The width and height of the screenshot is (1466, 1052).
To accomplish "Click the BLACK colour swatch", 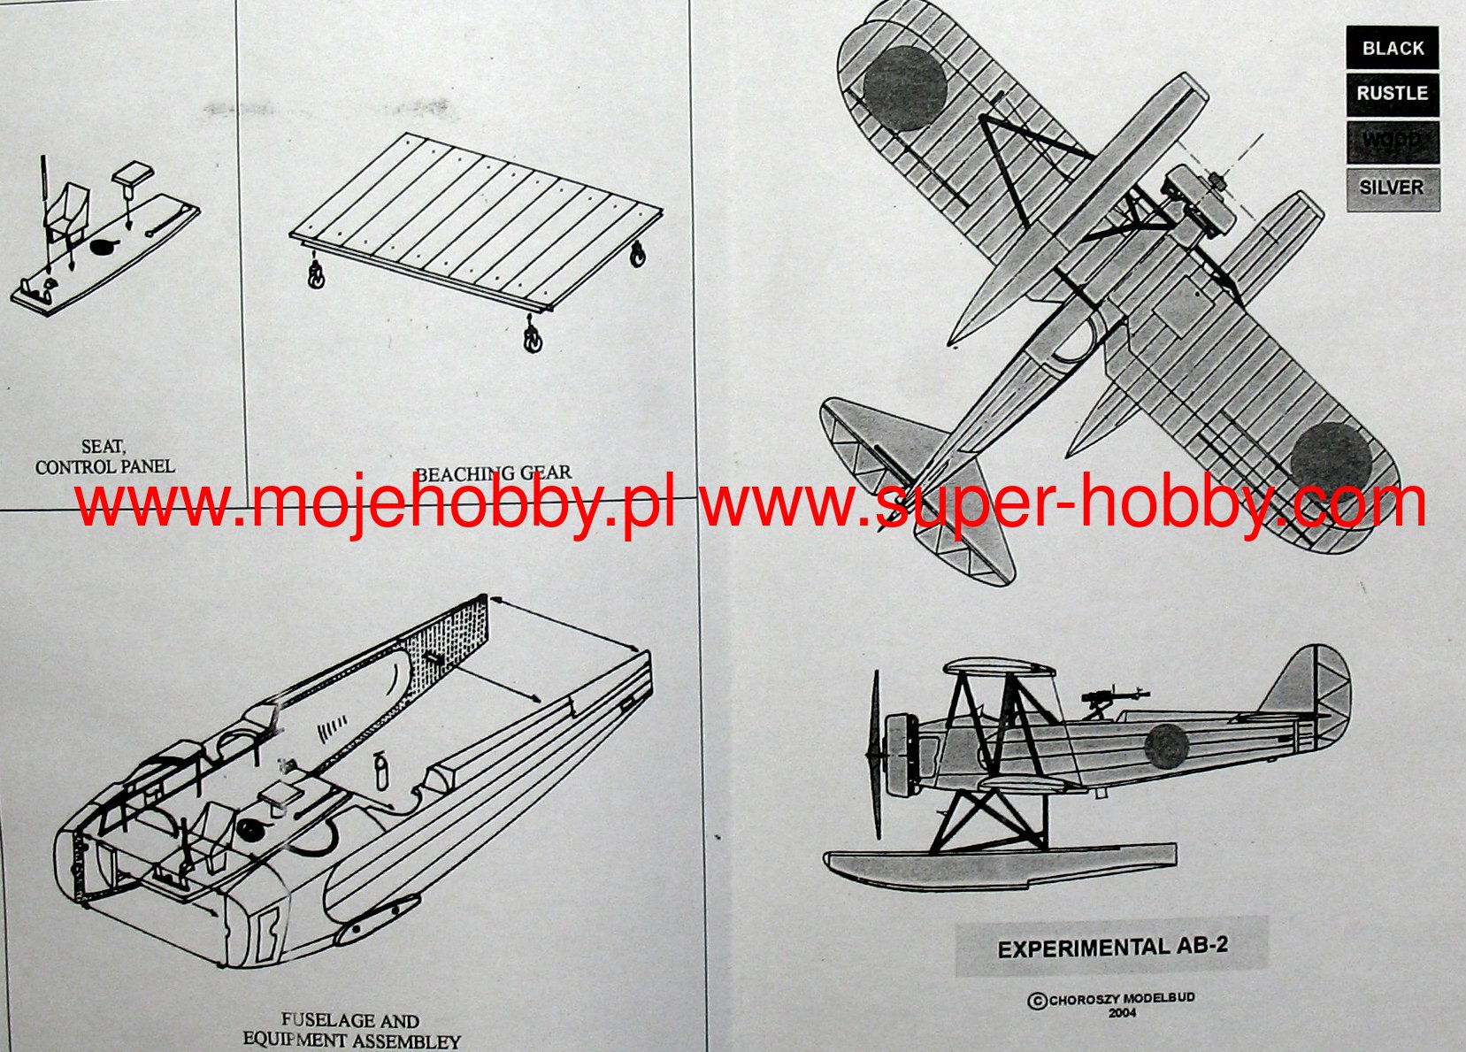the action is (1392, 48).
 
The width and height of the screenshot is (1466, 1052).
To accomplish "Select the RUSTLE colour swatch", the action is (1392, 94).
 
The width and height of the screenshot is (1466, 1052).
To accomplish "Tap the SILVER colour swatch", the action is (1392, 188).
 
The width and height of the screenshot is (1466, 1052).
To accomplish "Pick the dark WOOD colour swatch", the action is (1392, 142).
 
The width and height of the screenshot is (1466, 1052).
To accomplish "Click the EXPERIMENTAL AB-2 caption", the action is (1112, 947).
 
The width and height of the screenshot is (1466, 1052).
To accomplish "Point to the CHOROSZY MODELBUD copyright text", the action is (1112, 1002).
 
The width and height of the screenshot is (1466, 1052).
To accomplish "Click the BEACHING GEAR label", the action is (493, 474).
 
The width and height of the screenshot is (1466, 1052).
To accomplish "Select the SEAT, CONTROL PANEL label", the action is (104, 457).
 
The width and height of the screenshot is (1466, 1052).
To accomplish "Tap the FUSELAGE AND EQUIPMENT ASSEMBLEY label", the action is (351, 1031).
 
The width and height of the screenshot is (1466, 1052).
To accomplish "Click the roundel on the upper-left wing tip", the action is (903, 88).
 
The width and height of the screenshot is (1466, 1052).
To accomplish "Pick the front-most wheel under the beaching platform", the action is (532, 338).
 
